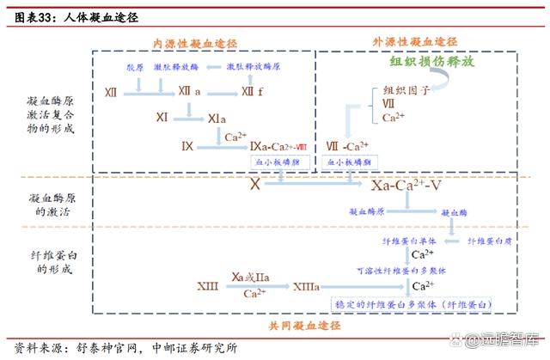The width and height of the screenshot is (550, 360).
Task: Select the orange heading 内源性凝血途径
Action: click(195, 43)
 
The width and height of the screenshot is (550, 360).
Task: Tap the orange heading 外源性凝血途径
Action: click(415, 41)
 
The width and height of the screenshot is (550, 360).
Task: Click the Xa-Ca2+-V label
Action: click(407, 184)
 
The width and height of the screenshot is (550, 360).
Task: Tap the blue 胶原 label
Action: click(135, 67)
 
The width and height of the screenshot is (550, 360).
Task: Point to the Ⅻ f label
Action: click(252, 91)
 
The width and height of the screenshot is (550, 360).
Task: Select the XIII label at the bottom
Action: click(207, 286)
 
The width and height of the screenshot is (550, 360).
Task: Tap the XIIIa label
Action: click(307, 286)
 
